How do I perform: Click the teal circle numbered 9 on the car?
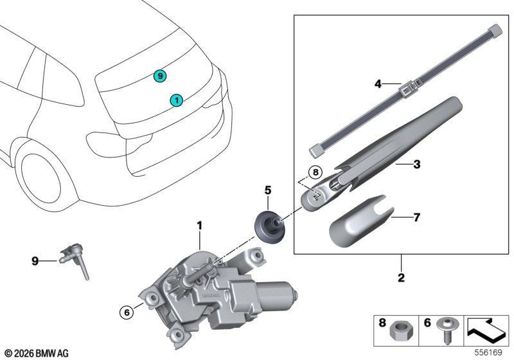[x=160, y=76]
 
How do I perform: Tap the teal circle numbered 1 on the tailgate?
[x=176, y=100]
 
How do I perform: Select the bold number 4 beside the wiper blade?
[x=378, y=84]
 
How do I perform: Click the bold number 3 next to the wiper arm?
[x=416, y=165]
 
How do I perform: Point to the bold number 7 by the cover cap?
[x=416, y=217]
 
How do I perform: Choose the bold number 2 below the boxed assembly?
[x=401, y=278]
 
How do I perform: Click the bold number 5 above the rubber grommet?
[x=268, y=190]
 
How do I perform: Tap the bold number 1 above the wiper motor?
[x=199, y=226]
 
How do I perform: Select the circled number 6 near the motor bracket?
[x=127, y=312]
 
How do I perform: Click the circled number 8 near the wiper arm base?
[x=315, y=172]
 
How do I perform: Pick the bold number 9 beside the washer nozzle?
[x=35, y=261]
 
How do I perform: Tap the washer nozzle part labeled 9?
[x=74, y=260]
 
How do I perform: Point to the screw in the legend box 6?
[x=445, y=330]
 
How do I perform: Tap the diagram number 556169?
[x=488, y=352]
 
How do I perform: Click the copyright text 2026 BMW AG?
[x=37, y=354]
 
